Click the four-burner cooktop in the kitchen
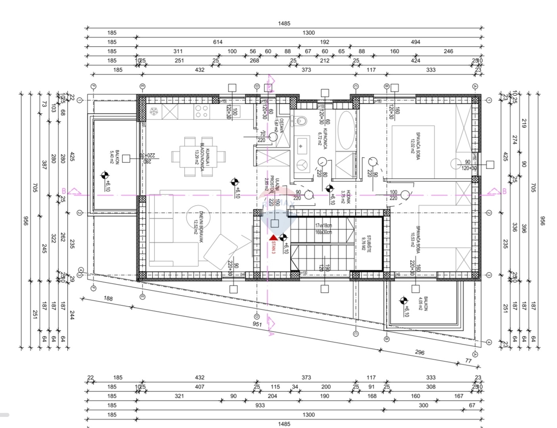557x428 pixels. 201,111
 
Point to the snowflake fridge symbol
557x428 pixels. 154,111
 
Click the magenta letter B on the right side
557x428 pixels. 504,191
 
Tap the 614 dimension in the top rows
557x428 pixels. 218,42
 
